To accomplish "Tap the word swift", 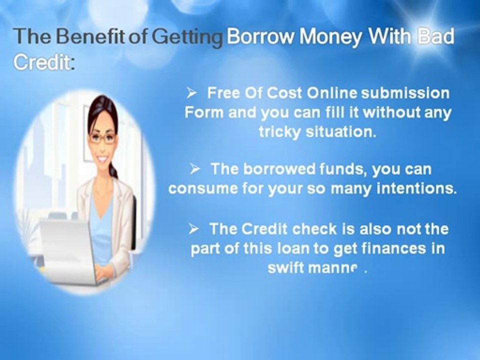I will (286, 267).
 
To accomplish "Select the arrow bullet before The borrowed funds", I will (195, 169).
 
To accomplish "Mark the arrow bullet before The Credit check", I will (194, 229).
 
